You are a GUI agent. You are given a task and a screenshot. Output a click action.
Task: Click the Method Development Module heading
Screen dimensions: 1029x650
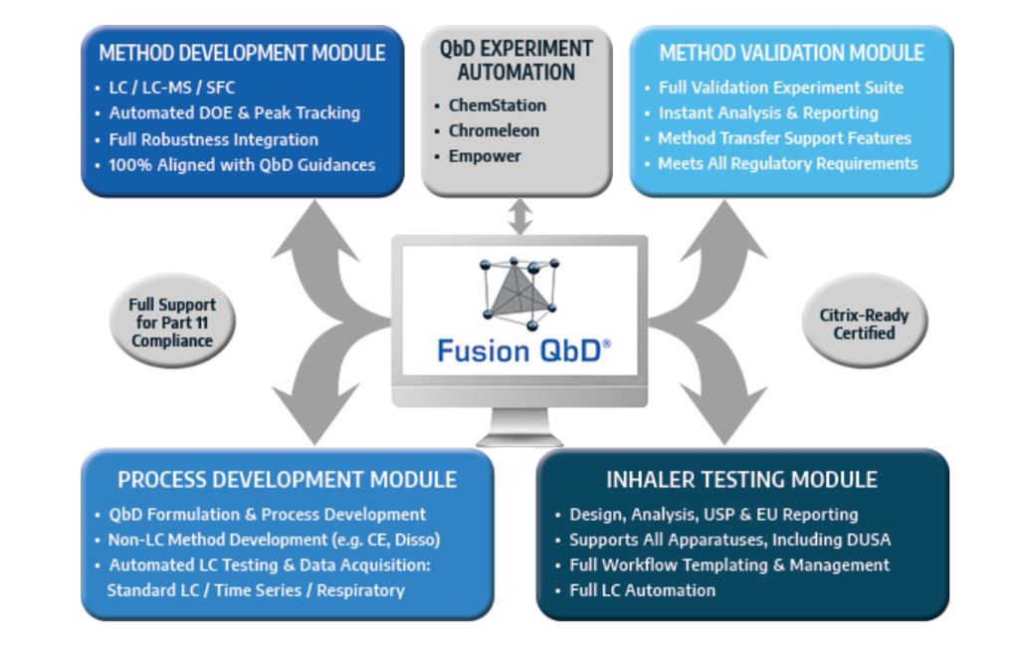[242, 53]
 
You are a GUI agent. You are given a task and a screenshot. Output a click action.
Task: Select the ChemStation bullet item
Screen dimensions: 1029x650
[497, 106]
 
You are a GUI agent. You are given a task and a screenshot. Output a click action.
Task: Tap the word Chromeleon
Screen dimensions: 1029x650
[494, 130]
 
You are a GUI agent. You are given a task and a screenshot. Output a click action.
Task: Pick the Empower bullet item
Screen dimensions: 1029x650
[485, 156]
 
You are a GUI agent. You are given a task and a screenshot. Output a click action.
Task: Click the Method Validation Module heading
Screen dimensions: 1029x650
[791, 53]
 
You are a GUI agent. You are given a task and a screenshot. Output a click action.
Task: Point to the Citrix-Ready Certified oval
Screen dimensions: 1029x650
[864, 322]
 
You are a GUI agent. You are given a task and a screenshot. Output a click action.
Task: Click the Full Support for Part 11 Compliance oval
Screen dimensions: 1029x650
[172, 322]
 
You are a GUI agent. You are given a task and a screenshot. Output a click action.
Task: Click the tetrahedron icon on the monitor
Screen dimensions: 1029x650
[519, 293]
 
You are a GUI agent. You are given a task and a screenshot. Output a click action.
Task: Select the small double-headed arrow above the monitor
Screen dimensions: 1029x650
[520, 217]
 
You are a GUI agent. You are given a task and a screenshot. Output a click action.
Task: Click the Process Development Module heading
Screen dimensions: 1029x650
[287, 480]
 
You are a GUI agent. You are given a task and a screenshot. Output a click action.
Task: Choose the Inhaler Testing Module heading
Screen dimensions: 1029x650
[741, 480]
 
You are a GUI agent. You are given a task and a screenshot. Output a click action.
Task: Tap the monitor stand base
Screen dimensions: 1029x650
[519, 439]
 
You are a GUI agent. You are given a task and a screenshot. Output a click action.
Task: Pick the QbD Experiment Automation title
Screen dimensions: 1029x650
[516, 61]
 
